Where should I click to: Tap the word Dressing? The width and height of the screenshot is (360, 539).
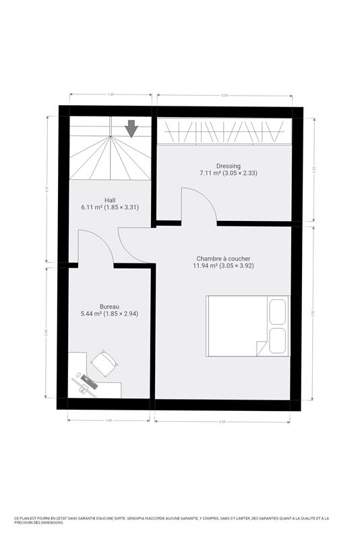(228, 166)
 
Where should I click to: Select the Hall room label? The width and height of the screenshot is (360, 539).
(110, 199)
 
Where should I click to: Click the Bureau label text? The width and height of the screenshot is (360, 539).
(109, 306)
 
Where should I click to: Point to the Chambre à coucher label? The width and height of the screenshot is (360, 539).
(223, 258)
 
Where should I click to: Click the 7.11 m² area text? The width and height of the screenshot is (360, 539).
(228, 173)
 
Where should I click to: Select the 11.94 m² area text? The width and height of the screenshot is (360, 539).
(223, 265)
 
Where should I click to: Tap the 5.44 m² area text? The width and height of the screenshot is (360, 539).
(109, 313)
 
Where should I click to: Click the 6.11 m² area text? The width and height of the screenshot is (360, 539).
(110, 207)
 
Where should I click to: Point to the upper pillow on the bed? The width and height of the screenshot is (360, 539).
(278, 313)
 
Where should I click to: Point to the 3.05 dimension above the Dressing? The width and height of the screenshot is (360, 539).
(224, 96)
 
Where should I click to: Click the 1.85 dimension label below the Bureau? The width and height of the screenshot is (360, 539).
(109, 421)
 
